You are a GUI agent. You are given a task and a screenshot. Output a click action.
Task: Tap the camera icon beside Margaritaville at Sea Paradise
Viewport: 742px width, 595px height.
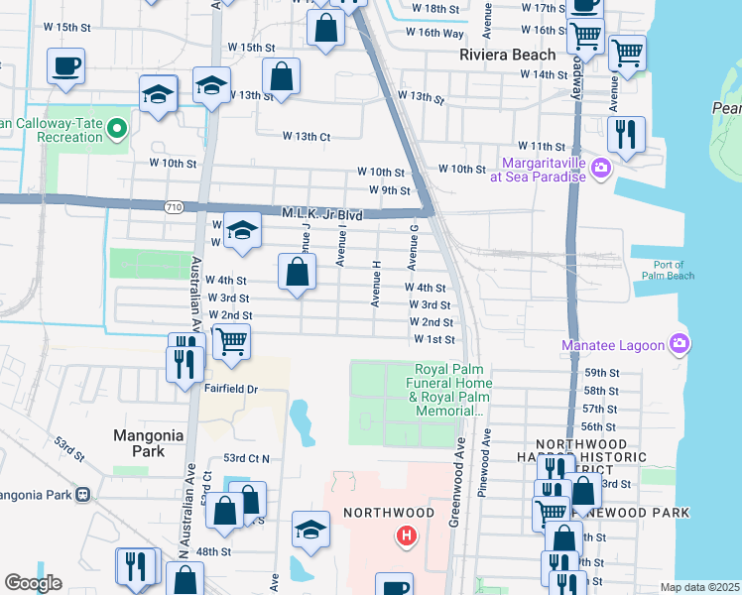click(600, 170)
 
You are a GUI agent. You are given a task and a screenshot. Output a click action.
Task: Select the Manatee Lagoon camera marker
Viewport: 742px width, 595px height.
click(680, 345)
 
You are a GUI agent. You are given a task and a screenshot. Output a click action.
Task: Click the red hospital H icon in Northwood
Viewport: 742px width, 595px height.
click(405, 536)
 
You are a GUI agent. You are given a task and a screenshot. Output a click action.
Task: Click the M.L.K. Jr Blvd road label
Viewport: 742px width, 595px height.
click(322, 214)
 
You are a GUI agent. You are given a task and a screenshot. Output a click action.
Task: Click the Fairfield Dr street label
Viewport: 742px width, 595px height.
click(231, 390)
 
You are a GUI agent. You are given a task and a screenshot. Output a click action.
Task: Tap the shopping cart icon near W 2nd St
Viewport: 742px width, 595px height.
click(231, 341)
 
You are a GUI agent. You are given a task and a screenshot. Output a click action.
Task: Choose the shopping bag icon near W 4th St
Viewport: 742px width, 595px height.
click(297, 271)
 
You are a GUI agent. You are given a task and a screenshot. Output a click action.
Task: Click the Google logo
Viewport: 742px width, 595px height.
click(33, 583)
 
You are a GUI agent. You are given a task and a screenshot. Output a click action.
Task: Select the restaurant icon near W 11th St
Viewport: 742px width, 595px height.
click(626, 134)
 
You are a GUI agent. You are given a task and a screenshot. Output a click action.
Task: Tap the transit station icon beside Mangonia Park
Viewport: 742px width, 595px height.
click(84, 494)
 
